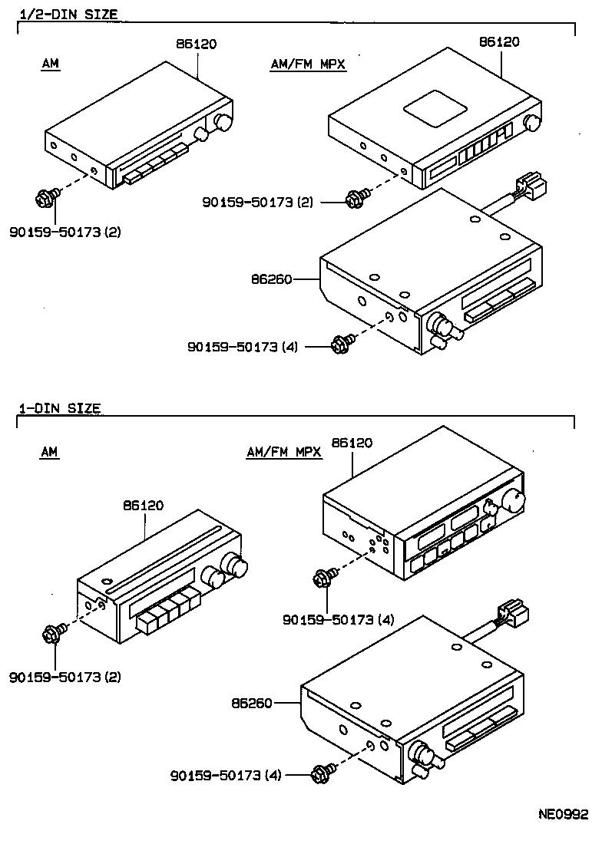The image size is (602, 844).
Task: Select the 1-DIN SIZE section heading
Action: click(x=59, y=409)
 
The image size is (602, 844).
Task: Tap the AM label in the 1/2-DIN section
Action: click(x=50, y=65)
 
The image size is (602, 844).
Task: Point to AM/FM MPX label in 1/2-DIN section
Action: click(x=309, y=65)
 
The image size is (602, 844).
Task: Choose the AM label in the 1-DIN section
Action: click(x=50, y=453)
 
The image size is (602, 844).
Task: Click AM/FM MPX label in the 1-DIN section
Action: click(x=284, y=453)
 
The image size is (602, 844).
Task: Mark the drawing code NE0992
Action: click(x=561, y=814)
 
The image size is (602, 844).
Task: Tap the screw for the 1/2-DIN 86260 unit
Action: click(x=340, y=345)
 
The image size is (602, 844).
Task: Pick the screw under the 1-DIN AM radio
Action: click(x=54, y=634)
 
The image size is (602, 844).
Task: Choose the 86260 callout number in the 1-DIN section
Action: click(x=251, y=702)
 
